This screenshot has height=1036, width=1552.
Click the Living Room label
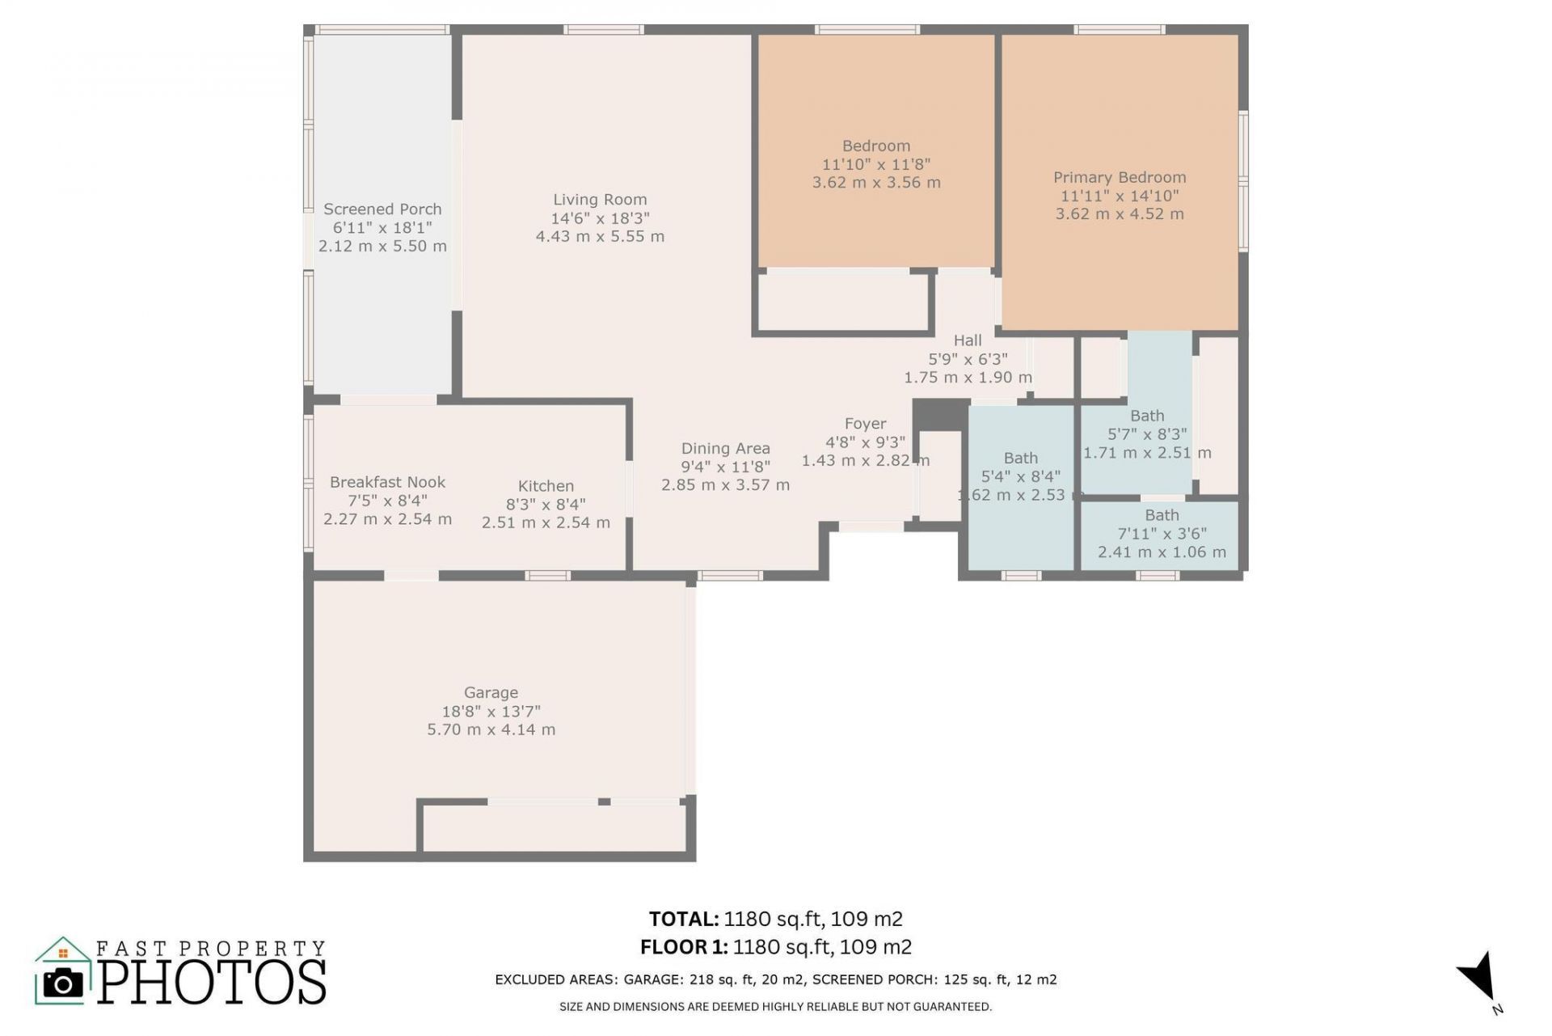tap(600, 200)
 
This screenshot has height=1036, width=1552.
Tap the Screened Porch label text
tap(382, 209)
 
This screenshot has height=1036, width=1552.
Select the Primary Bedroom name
tap(1120, 178)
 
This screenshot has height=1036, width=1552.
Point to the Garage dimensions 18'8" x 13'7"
tap(491, 712)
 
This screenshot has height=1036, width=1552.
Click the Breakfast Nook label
tap(387, 483)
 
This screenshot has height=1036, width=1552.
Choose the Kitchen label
tap(546, 486)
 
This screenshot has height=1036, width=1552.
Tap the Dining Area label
tap(725, 449)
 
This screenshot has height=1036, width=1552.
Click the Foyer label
tap(865, 424)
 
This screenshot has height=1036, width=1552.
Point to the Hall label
tap(967, 340)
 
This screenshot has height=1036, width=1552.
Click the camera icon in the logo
tap(62, 983)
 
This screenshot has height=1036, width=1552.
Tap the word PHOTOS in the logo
tap(213, 983)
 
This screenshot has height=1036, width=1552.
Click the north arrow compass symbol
tap(1478, 975)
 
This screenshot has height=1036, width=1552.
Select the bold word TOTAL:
tap(683, 920)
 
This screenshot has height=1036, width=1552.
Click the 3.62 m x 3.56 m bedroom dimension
tap(876, 183)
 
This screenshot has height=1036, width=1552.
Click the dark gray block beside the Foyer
tap(940, 415)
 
